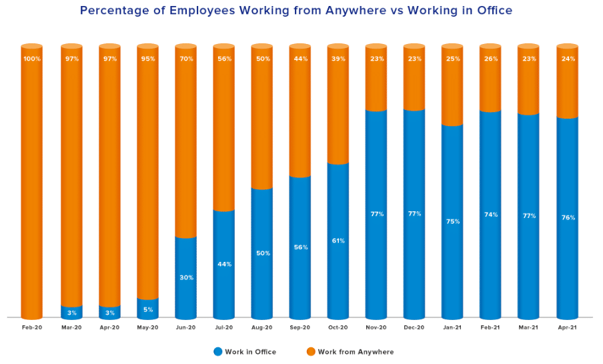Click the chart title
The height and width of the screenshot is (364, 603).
click(x=296, y=11)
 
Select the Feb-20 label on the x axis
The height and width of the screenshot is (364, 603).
click(x=31, y=327)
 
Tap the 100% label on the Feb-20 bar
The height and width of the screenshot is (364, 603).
click(x=32, y=59)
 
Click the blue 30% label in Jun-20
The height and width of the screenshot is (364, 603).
click(x=186, y=277)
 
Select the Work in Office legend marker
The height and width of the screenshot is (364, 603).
click(x=218, y=351)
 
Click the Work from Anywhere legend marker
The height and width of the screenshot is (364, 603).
click(x=311, y=351)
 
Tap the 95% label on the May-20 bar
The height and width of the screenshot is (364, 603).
click(x=148, y=59)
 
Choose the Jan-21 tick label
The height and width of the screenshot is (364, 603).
click(x=452, y=327)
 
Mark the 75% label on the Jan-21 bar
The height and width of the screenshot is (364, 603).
click(x=453, y=221)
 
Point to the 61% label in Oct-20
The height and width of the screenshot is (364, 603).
click(x=338, y=241)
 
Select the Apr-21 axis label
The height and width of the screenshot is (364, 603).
click(x=567, y=327)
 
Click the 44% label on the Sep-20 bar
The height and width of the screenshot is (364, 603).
click(x=300, y=59)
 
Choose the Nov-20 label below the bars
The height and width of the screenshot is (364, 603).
click(x=376, y=327)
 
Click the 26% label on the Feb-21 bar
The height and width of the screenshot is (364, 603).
click(x=491, y=59)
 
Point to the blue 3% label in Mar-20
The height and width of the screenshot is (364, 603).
click(x=72, y=313)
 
